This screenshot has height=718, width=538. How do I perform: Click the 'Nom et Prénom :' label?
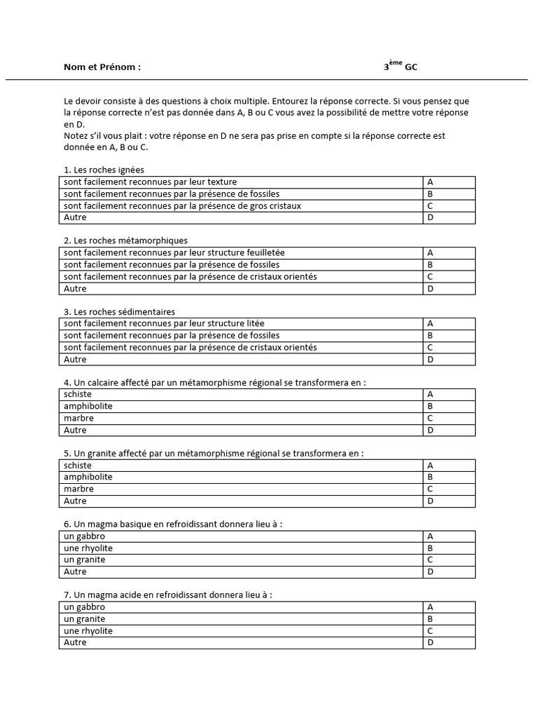102,67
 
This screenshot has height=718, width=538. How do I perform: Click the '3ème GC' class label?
403,67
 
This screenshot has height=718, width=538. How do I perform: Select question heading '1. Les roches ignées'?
104,170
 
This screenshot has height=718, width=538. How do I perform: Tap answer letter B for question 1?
431,194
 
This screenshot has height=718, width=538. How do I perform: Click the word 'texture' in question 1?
221,182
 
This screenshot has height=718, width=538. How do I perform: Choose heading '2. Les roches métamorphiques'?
125,241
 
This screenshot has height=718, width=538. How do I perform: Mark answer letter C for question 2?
431,276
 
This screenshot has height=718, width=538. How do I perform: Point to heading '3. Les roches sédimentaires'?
119,311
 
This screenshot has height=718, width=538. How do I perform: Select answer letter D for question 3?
431,359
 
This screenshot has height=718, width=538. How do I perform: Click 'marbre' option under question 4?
78,418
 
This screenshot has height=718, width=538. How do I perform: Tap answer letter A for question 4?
431,394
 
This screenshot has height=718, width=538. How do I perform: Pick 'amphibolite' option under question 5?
88,477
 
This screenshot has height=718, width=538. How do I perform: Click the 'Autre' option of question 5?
75,501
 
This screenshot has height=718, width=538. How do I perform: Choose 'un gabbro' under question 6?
84,536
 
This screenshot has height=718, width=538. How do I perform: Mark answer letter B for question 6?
431,548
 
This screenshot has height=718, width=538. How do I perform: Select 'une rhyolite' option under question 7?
88,631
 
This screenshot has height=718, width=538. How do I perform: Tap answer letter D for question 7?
431,643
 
